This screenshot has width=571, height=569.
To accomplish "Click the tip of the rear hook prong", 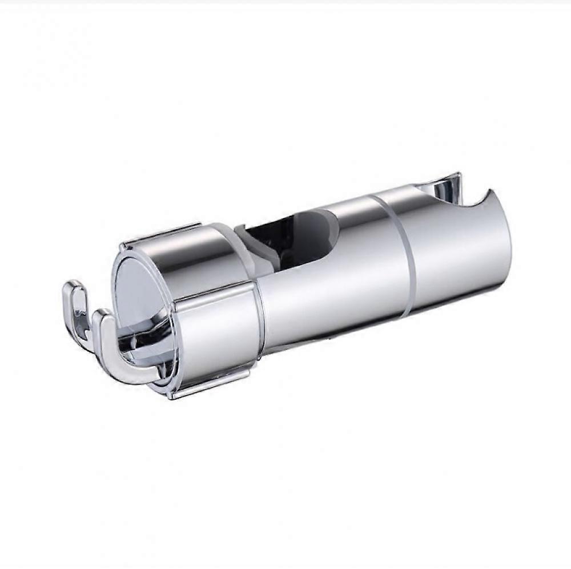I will click(x=73, y=285).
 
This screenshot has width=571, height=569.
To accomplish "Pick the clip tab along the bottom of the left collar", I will click(x=211, y=383).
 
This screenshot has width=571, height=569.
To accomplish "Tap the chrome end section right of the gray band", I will click(x=463, y=251).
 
